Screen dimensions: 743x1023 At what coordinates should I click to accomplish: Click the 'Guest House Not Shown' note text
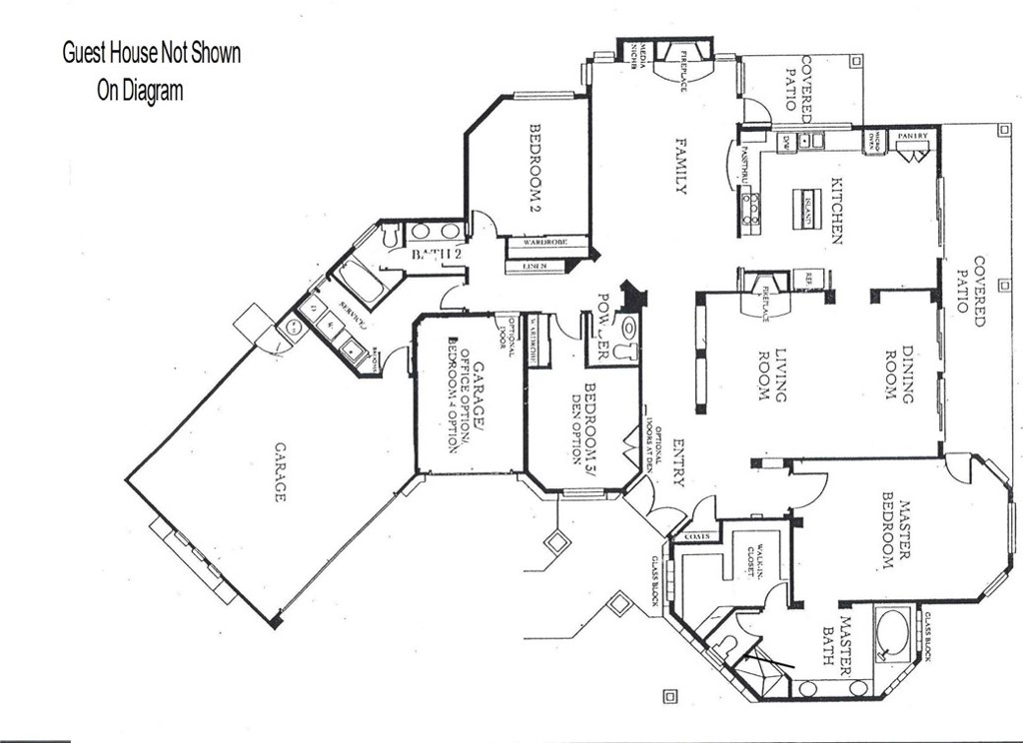pyautogui.click(x=152, y=53)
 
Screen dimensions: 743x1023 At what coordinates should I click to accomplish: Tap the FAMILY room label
pyautogui.click(x=680, y=166)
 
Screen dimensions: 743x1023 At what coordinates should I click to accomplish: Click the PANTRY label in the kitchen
pyautogui.click(x=912, y=136)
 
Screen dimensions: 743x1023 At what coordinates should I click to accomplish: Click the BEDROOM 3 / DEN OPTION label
pyautogui.click(x=583, y=423)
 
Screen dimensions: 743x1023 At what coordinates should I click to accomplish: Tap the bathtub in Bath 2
pyautogui.click(x=361, y=281)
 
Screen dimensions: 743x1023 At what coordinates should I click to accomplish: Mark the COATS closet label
pyautogui.click(x=697, y=536)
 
